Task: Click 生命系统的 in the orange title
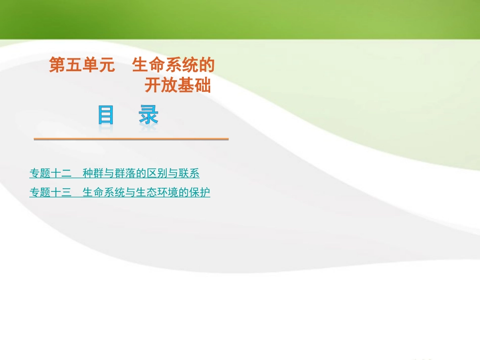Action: pyautogui.click(x=173, y=66)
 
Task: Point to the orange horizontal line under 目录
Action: pyautogui.click(x=131, y=139)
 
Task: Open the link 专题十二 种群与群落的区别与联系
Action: pyautogui.click(x=115, y=174)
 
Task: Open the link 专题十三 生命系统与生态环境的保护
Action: pyautogui.click(x=120, y=192)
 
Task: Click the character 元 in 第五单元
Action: pyautogui.click(x=107, y=66)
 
